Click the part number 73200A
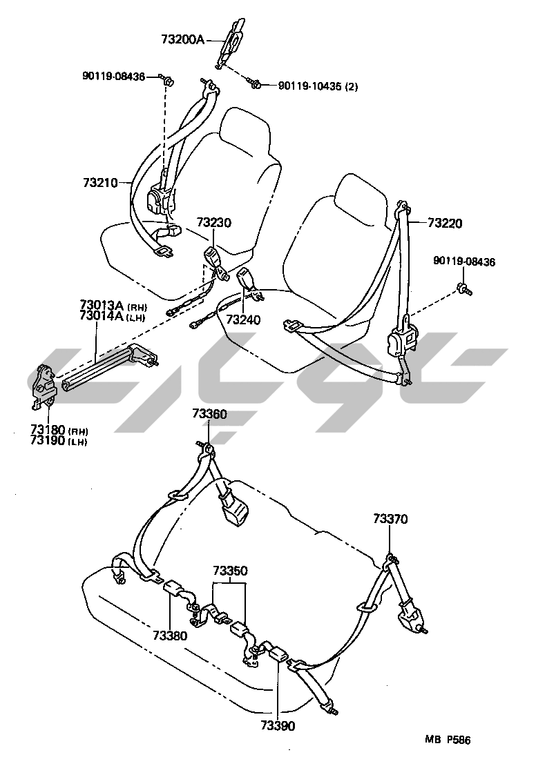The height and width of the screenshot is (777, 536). pyautogui.click(x=183, y=40)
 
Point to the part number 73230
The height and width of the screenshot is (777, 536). pyautogui.click(x=213, y=223)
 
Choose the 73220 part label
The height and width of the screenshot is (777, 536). pyautogui.click(x=445, y=223)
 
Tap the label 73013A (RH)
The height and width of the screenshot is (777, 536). pyautogui.click(x=113, y=306)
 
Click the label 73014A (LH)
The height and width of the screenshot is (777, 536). pyautogui.click(x=113, y=317)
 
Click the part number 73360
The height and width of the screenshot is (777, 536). pyautogui.click(x=209, y=414)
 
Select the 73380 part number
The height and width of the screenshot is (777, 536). pyautogui.click(x=170, y=635)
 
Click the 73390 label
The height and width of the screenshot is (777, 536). pyautogui.click(x=277, y=725)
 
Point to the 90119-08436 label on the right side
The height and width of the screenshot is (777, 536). pyautogui.click(x=464, y=262)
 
